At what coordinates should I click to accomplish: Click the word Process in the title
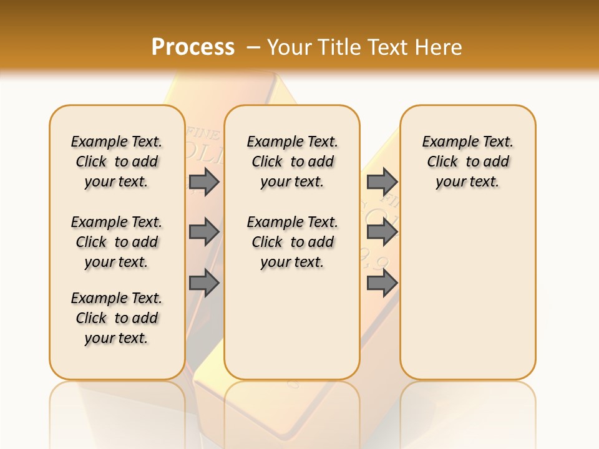click(x=193, y=47)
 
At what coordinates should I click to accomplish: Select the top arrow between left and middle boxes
click(x=204, y=181)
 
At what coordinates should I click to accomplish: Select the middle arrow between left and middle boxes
click(x=204, y=232)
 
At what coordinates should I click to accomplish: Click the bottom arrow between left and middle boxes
click(x=204, y=282)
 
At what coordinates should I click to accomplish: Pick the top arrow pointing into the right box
click(x=382, y=181)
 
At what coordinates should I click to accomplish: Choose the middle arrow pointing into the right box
click(x=382, y=232)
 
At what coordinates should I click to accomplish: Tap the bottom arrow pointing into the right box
click(x=382, y=282)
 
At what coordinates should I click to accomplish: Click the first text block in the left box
click(x=117, y=162)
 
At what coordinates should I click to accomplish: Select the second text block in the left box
click(x=117, y=242)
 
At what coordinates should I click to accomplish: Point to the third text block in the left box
click(x=117, y=318)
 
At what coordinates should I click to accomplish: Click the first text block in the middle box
click(x=292, y=162)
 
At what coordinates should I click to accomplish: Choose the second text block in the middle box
click(x=292, y=242)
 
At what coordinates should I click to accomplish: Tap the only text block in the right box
click(x=468, y=162)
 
